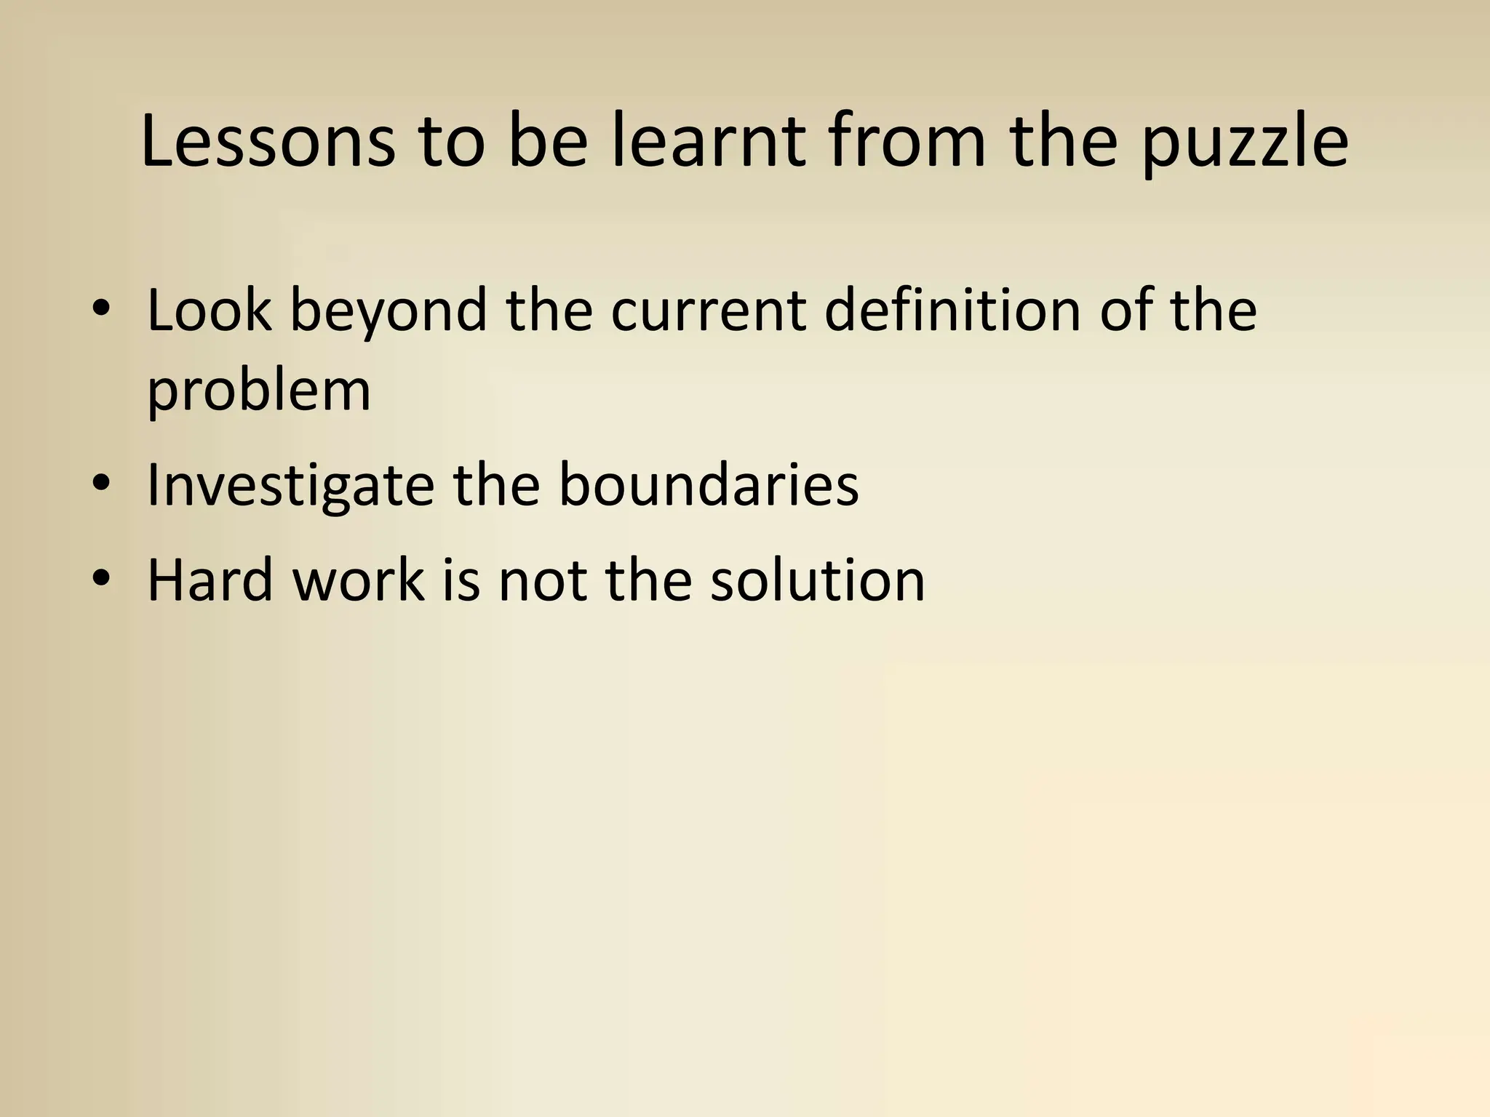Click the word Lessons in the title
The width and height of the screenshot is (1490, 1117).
click(x=268, y=141)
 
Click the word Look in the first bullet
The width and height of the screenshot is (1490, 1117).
click(x=209, y=311)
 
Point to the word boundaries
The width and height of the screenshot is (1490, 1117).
click(x=708, y=484)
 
